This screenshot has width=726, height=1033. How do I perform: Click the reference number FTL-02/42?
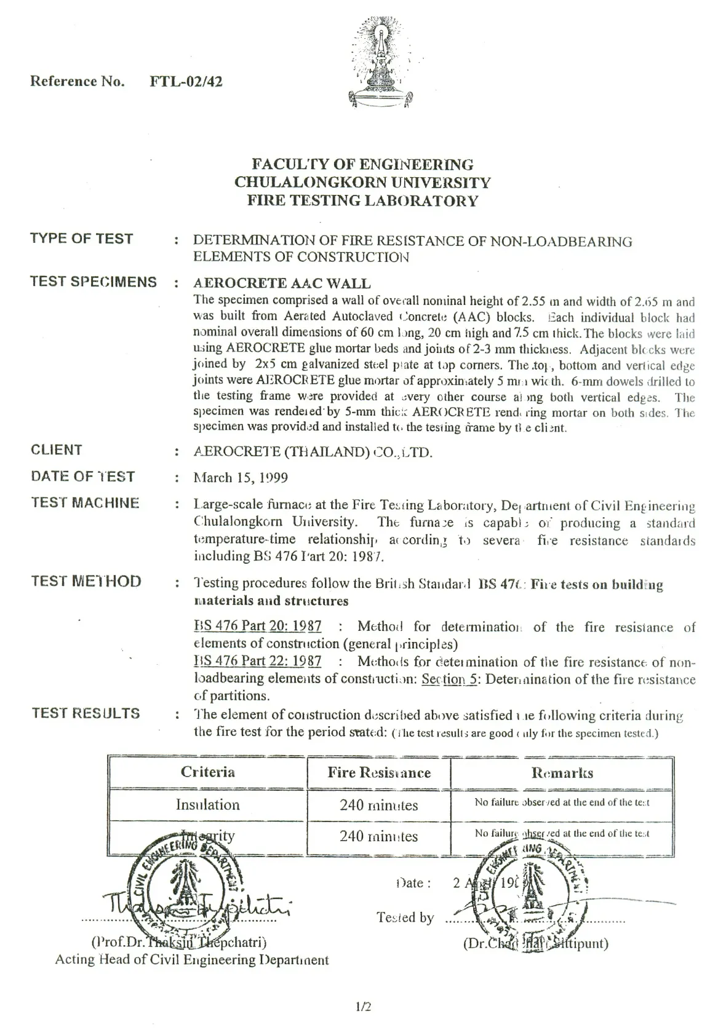point(186,81)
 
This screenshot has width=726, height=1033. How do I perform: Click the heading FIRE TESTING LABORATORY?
point(362,200)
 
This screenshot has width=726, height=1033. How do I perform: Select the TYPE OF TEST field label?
point(82,239)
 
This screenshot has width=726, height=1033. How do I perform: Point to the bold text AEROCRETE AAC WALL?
point(282,283)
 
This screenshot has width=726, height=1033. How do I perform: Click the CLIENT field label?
point(56,449)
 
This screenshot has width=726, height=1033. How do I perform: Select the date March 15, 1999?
point(241,478)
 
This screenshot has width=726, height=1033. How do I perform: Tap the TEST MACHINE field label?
point(85,503)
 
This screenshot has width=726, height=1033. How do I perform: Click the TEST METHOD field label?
point(86,581)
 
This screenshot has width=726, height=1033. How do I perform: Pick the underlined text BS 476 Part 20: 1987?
point(257,627)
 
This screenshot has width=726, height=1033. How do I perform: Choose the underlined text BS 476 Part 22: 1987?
point(257,662)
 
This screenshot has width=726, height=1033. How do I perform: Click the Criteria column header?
point(207,772)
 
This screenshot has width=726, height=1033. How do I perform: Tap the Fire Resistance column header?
point(378,772)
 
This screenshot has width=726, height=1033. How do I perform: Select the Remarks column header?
point(562,772)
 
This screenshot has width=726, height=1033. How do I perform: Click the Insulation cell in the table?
point(207,804)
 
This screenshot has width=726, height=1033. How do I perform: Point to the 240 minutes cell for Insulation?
point(378,805)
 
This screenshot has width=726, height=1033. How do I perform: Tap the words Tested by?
point(405,918)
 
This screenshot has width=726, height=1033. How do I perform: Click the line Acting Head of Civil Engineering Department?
point(192,960)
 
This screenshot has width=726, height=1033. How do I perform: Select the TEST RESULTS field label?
point(86,713)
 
